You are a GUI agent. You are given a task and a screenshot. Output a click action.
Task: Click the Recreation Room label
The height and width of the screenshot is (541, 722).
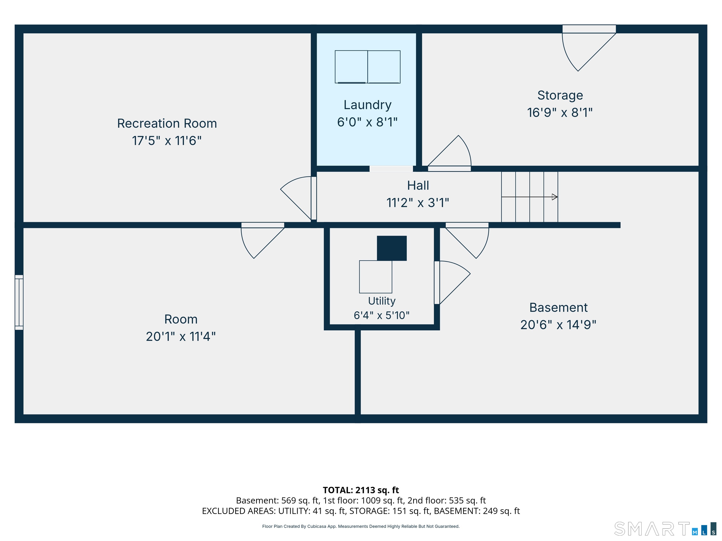point(167,124)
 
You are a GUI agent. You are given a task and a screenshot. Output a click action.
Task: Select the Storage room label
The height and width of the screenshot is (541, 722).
point(560,95)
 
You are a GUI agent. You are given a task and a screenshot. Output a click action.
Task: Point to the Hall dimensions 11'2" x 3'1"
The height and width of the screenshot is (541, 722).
point(418,203)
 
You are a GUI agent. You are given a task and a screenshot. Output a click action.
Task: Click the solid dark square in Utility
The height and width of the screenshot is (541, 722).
point(392,248)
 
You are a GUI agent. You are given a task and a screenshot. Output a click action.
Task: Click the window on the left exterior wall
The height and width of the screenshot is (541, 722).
point(19,302)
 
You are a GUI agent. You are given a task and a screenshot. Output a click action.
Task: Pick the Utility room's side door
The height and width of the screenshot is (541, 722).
point(452,282)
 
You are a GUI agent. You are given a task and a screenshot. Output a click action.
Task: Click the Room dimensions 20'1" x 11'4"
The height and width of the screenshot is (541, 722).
point(181,336)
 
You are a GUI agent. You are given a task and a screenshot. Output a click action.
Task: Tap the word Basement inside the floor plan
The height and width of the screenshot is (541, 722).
point(558,308)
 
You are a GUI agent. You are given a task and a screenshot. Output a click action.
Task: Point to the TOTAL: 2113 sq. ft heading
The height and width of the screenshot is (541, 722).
point(361,490)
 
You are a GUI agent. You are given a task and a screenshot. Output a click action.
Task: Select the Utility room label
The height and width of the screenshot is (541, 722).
point(381,301)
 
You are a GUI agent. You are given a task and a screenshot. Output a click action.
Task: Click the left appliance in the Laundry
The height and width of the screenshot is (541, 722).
point(351,67)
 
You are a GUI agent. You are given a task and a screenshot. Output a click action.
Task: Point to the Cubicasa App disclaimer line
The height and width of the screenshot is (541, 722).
point(361,526)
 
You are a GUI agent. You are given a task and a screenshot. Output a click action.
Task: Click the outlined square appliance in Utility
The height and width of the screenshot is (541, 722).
point(375,277)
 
